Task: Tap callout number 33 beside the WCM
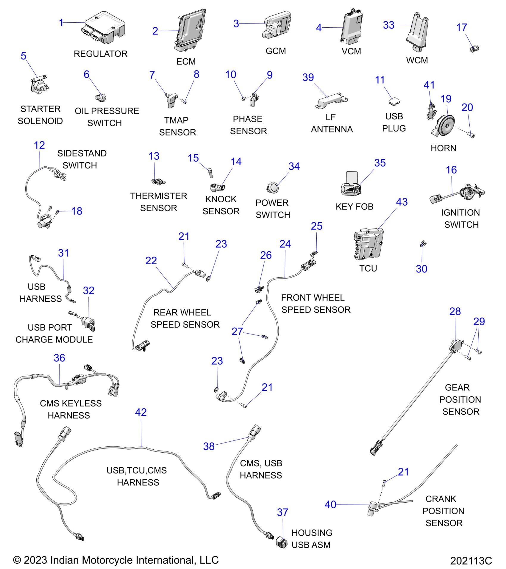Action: (388, 25)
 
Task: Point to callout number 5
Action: (24, 56)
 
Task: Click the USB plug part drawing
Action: (394, 101)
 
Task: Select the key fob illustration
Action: (351, 184)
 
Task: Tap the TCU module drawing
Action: (368, 244)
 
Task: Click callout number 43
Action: (402, 202)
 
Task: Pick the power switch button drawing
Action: (272, 187)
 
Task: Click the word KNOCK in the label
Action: (221, 199)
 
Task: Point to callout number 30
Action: (421, 269)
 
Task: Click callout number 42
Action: (141, 412)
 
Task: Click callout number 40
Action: (330, 504)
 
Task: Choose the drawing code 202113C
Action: (471, 561)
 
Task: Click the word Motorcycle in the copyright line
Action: (109, 560)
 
